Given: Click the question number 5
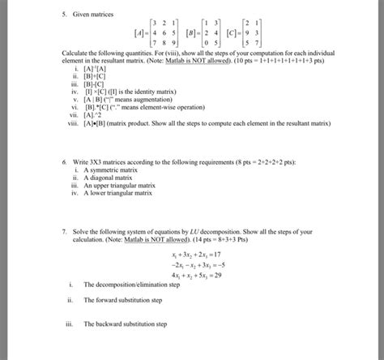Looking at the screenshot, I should (x=63, y=15).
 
